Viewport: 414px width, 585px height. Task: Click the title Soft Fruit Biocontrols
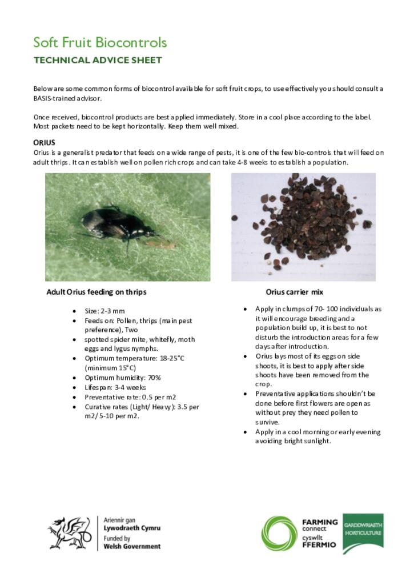pos(100,43)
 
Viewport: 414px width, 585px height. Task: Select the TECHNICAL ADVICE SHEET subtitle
pos(98,60)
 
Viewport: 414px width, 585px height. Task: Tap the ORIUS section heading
pos(44,142)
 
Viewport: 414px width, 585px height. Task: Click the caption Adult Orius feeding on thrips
pos(97,292)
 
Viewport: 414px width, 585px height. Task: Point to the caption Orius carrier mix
pos(295,292)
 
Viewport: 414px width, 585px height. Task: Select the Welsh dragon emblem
pos(69,533)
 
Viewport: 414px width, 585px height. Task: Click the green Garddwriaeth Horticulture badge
pos(363,532)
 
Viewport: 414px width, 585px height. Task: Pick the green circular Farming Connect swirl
pos(279,533)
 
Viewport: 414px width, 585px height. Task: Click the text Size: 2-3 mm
pos(104,311)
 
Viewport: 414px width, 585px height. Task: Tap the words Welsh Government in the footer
pos(132,546)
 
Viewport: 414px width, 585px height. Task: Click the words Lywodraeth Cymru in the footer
pos(132,528)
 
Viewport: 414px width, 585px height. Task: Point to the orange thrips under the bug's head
pos(166,244)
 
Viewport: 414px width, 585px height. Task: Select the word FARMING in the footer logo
pos(320,522)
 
